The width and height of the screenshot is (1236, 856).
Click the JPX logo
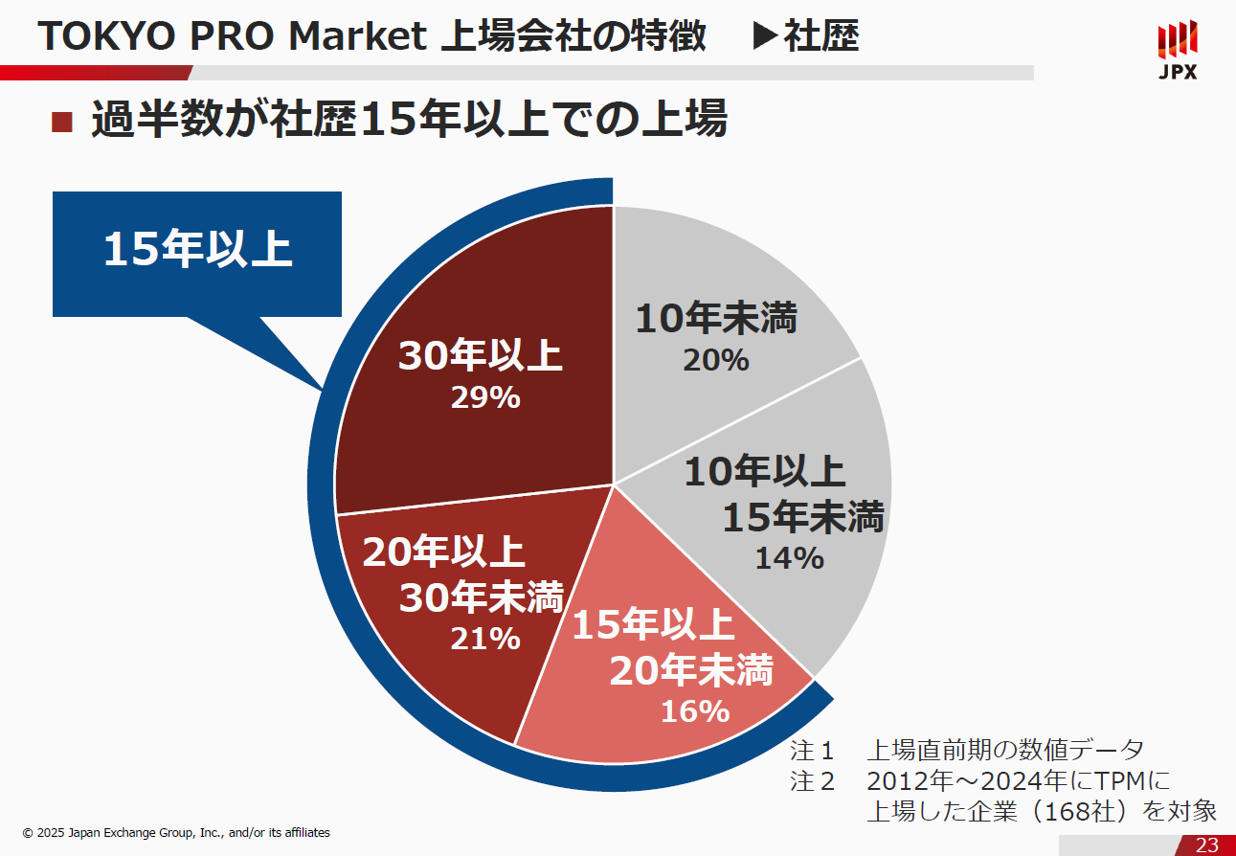pos(1177,50)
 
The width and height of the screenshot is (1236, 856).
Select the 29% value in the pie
pos(485,396)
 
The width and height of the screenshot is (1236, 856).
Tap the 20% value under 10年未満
pos(715,360)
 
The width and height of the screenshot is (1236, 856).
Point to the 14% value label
pos(789,557)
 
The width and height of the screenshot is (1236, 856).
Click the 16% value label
pos(695,711)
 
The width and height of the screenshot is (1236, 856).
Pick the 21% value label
pos(485,638)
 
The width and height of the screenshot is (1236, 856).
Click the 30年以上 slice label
pos(480,356)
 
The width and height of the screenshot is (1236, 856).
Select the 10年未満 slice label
pos(716,319)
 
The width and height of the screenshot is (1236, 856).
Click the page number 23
pos(1207,845)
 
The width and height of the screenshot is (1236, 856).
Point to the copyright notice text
pos(176,833)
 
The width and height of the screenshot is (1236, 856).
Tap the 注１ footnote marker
pos(813,750)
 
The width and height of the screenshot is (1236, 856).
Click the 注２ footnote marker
pos(813,781)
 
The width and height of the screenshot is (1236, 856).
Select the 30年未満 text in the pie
pos(481,597)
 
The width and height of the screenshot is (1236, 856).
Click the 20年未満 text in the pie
pos(690,671)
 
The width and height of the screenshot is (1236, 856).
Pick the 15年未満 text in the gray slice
pos(802,517)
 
